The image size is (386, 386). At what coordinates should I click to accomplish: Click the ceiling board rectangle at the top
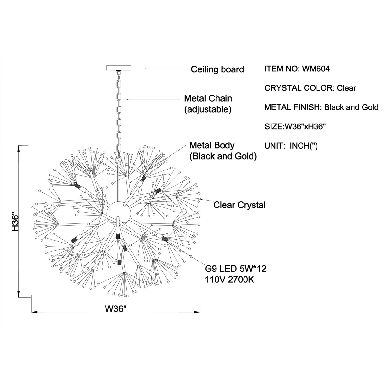tap(119, 68)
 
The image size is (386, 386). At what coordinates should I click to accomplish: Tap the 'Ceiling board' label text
tap(217, 69)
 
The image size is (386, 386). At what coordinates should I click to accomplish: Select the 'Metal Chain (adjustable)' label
tap(208, 104)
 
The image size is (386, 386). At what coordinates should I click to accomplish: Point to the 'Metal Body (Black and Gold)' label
tap(223, 151)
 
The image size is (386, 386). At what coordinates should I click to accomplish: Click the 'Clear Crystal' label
tap(239, 205)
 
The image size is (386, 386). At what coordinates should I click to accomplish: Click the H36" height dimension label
tap(16, 222)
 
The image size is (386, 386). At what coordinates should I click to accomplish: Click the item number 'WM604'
tap(316, 69)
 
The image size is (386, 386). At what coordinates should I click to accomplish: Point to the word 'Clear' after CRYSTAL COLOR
tap(346, 88)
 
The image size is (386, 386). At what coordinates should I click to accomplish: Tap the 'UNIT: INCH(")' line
tap(291, 146)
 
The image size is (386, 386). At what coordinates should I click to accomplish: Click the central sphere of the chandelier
tap(119, 212)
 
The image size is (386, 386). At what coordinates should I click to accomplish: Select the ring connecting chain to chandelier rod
tap(119, 160)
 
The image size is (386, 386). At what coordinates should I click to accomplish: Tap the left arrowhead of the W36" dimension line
tap(33, 312)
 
